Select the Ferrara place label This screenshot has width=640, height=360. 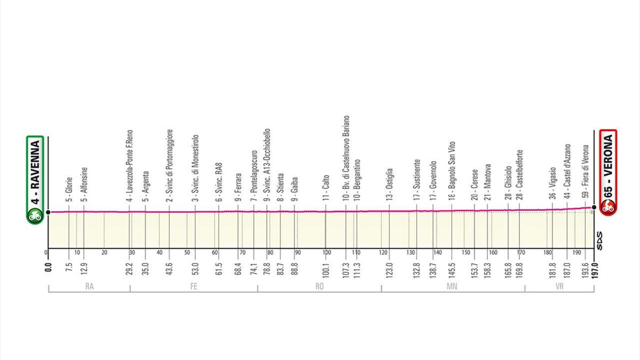pyautogui.click(x=238, y=187)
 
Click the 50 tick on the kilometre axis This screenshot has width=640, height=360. pyautogui.click(x=187, y=253)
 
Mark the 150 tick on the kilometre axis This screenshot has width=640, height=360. pyautogui.click(x=466, y=253)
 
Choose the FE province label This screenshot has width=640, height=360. pyautogui.click(x=194, y=287)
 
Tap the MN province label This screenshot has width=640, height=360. pyautogui.click(x=453, y=287)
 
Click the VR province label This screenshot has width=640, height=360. pyautogui.click(x=559, y=287)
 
